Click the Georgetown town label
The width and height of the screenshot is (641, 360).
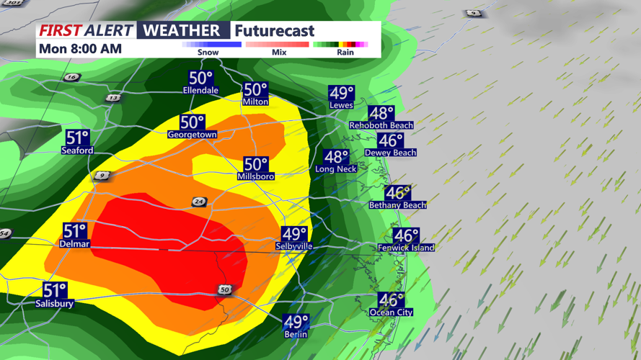tap(192, 135)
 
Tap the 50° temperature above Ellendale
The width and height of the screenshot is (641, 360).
tap(200, 78)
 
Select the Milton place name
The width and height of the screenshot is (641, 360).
tap(255, 102)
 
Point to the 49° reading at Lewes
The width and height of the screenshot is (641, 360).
tap(342, 93)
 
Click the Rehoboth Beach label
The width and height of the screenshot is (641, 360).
tap(381, 125)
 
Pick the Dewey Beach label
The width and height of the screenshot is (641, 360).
tap(390, 153)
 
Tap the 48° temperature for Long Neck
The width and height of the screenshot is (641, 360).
tap(336, 157)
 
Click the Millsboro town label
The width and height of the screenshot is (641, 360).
tap(255, 176)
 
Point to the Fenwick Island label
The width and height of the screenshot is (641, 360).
tap(406, 248)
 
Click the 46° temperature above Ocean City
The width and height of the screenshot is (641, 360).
tap(392, 300)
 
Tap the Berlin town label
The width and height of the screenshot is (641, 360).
tap(296, 335)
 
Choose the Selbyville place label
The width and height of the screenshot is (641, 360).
tap(294, 246)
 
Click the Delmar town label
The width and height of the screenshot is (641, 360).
tap(75, 244)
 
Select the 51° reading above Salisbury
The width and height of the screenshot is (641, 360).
tap(55, 291)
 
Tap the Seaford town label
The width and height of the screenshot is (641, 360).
tap(77, 150)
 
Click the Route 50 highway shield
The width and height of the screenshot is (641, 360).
tap(226, 289)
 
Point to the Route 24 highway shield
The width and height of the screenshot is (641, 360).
tap(199, 202)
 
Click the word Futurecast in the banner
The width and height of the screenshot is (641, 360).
tap(275, 30)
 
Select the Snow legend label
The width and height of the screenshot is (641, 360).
tap(208, 53)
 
